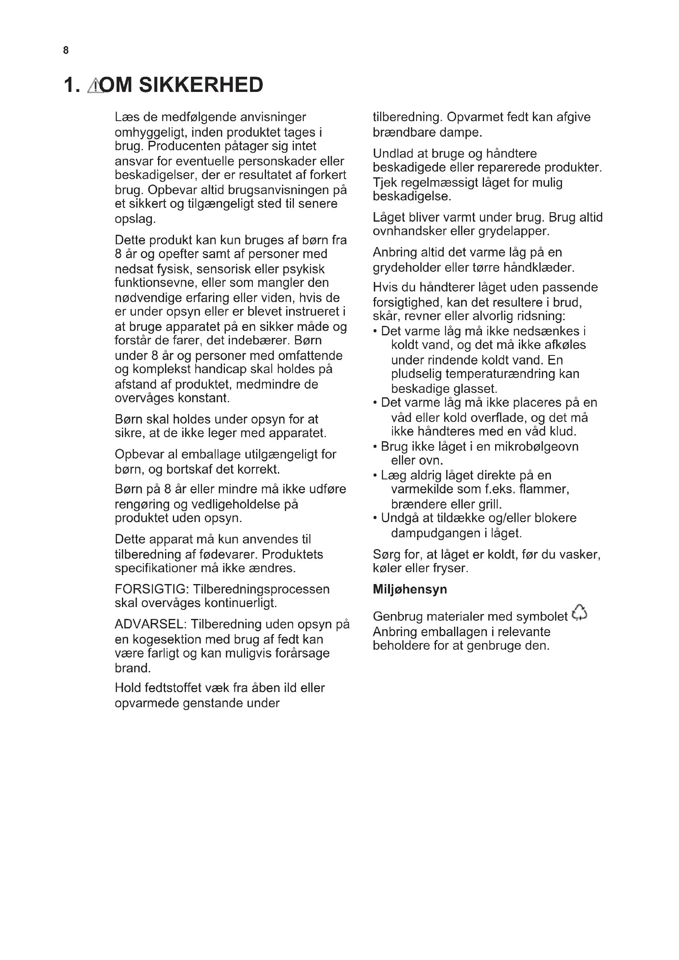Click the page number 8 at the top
point(66,50)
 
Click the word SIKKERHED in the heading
point(201,85)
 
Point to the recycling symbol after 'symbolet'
point(579,613)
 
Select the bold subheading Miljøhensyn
point(410,589)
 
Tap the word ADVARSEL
point(151,624)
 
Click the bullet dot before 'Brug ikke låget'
point(376,447)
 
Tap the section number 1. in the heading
point(71,85)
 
